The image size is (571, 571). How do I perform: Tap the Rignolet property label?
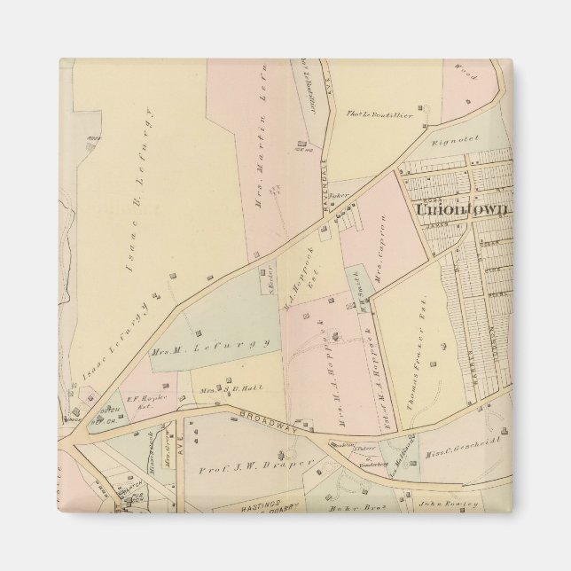coord(455,138)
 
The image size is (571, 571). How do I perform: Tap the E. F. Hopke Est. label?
coord(143,400)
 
